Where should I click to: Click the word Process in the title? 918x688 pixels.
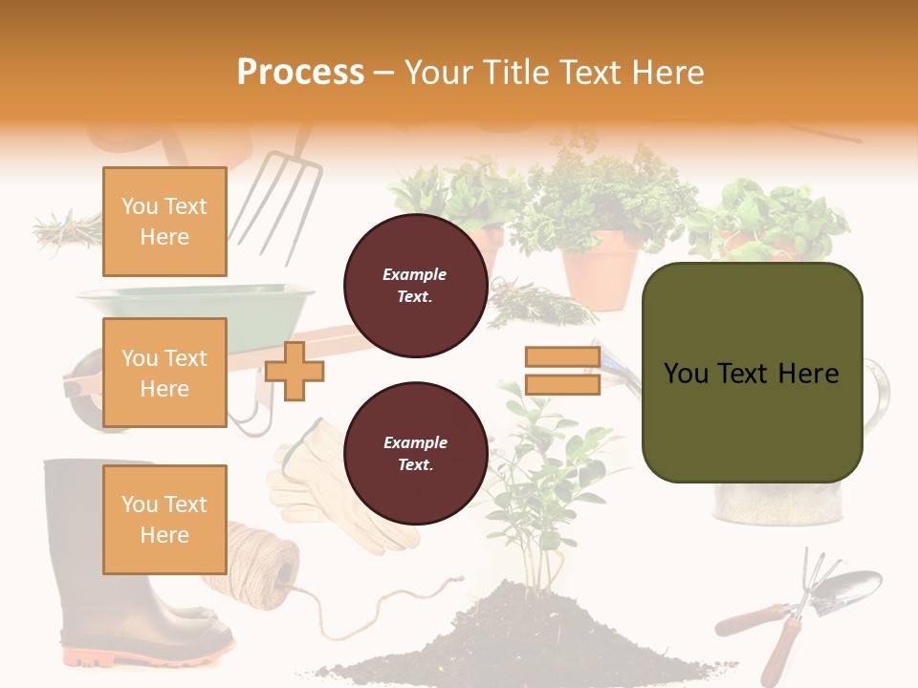(300, 72)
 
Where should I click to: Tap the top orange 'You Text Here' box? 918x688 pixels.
(164, 222)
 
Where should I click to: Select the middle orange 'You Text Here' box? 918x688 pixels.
(164, 373)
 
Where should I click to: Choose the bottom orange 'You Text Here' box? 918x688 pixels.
(164, 519)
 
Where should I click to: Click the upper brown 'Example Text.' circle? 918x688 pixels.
(415, 285)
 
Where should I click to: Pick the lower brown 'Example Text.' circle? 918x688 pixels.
(415, 453)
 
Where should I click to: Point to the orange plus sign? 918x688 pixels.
(295, 371)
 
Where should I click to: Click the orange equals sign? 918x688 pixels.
(562, 371)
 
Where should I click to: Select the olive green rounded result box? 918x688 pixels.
(752, 373)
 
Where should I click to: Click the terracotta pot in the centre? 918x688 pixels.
(601, 270)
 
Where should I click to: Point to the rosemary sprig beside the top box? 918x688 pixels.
(67, 229)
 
